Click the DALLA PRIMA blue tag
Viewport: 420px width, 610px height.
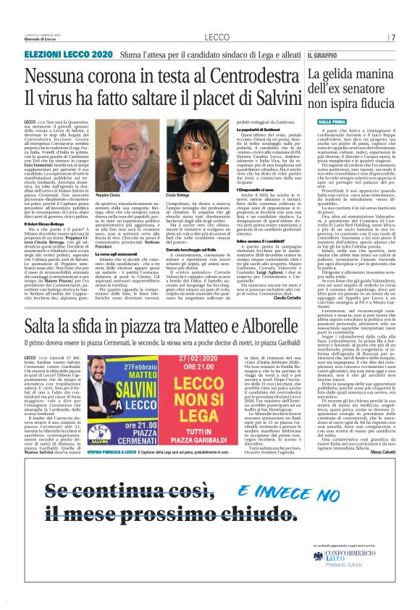click(x=324, y=122)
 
